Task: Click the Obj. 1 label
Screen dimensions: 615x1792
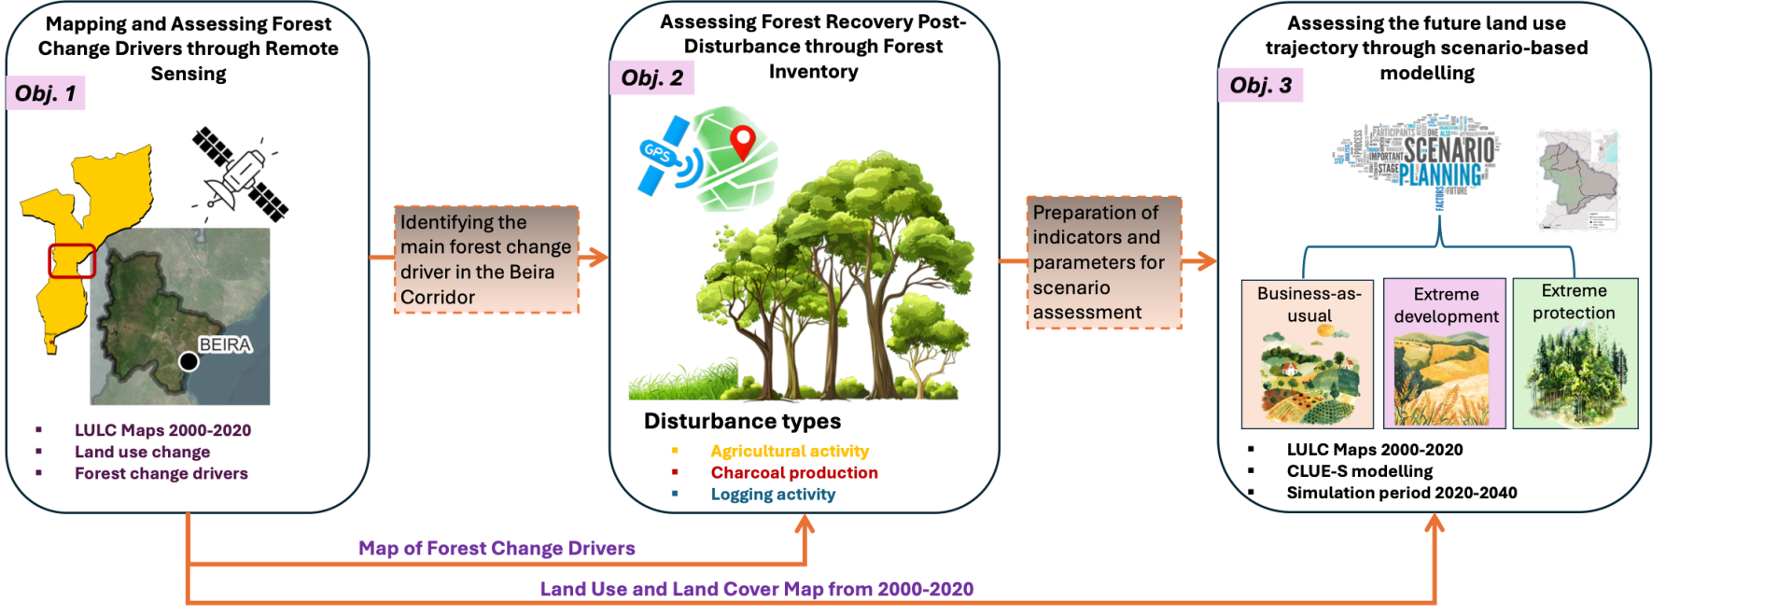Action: [x=46, y=93]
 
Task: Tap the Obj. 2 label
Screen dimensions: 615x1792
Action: [x=652, y=78]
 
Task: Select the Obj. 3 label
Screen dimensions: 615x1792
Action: [x=1260, y=86]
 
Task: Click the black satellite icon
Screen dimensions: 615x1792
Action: [x=240, y=174]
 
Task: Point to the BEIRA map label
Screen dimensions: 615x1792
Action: [x=225, y=344]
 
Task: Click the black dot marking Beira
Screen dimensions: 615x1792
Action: [x=189, y=361]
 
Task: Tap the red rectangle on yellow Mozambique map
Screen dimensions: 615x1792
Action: [x=72, y=261]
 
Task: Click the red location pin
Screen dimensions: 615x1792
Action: [x=742, y=143]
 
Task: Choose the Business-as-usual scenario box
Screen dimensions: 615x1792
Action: [x=1308, y=354]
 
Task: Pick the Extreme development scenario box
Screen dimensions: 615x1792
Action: [x=1445, y=354]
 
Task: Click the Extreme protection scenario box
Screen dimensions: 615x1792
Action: [x=1575, y=354]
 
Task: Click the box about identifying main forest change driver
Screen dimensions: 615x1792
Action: [x=486, y=259]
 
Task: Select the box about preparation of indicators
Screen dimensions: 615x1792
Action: [x=1104, y=262]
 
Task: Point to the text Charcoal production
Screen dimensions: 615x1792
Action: [x=794, y=473]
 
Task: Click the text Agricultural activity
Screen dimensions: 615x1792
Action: [x=790, y=451]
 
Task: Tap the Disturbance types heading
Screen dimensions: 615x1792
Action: [x=742, y=421]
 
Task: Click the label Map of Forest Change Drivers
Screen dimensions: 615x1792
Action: [x=497, y=549]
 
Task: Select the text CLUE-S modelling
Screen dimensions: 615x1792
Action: [x=1360, y=471]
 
